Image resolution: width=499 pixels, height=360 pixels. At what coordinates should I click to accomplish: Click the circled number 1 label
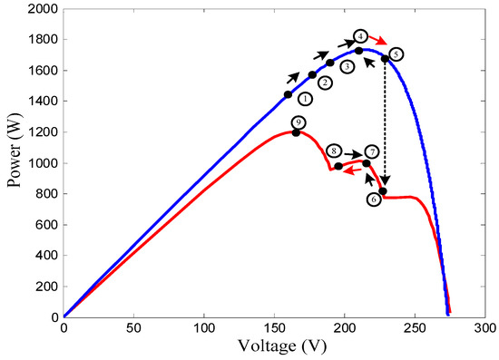305,98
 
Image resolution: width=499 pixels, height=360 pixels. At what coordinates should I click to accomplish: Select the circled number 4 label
360,35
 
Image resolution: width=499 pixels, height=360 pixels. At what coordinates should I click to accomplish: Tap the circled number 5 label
396,54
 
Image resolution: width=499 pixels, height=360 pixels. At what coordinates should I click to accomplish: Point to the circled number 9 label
298,122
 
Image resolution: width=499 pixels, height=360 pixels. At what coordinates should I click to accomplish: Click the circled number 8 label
334,151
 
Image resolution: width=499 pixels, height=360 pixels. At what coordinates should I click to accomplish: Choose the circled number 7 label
370,151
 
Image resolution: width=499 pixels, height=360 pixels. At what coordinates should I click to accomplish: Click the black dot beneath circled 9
296,133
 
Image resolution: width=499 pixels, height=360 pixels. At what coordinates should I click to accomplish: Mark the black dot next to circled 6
383,191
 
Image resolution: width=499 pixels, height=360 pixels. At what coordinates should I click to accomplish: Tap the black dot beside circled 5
385,59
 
